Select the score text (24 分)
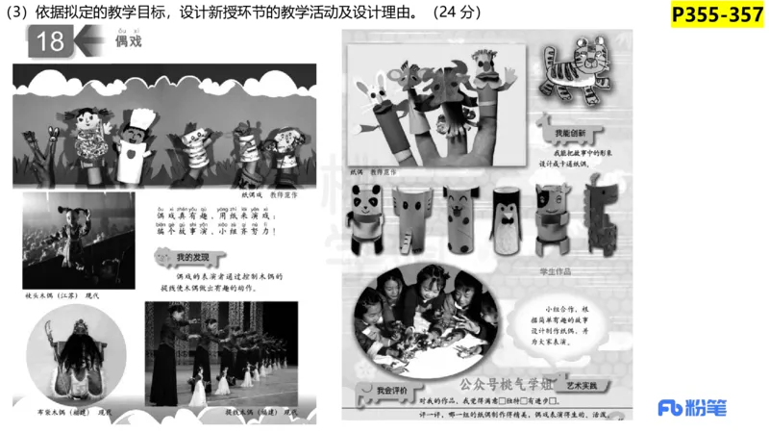point(457,13)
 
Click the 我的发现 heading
point(186,258)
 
